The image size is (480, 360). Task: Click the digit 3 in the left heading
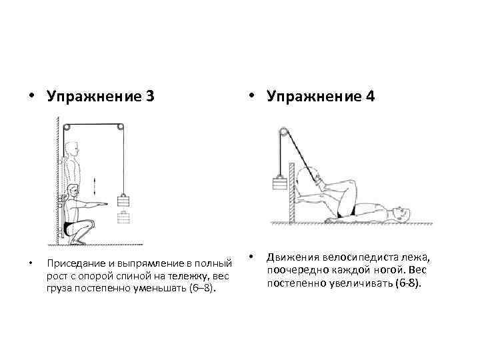[149, 97]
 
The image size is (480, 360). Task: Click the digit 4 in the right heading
[369, 97]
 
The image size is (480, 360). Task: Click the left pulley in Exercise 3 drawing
[66, 127]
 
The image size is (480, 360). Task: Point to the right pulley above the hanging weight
[119, 127]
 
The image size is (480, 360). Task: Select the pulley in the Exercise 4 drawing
[284, 133]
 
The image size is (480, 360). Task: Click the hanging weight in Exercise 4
[279, 183]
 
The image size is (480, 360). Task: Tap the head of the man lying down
[398, 215]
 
